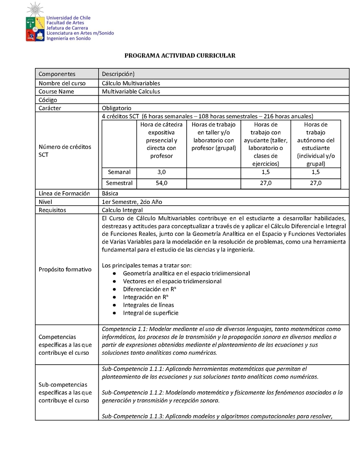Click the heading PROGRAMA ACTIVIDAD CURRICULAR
(x=180, y=55)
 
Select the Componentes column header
(x=57, y=74)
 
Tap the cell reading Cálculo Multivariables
(x=131, y=83)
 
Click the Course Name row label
(x=56, y=91)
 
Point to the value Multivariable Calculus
(x=131, y=91)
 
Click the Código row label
(x=48, y=100)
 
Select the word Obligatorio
(x=117, y=108)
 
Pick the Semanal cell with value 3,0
(x=162, y=172)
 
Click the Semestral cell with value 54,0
(x=162, y=183)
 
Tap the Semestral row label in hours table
(x=119, y=183)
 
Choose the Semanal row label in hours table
(x=119, y=172)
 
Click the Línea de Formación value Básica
(x=110, y=193)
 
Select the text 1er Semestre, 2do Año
(x=131, y=202)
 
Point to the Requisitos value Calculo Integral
(x=122, y=210)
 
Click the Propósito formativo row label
(x=65, y=269)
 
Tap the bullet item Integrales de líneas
(x=148, y=305)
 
